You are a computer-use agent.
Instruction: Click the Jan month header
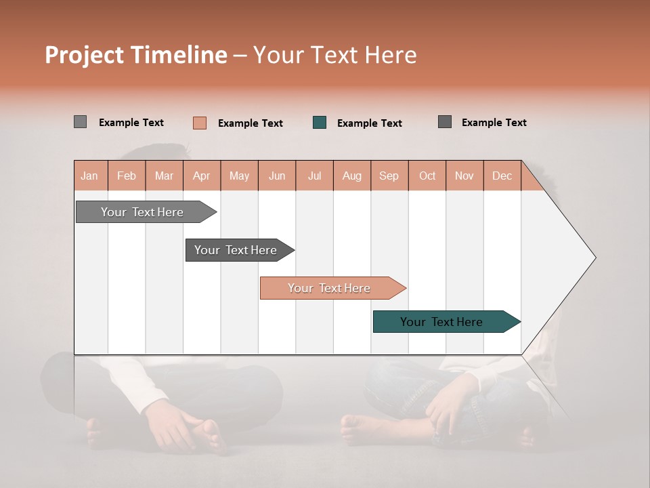point(89,176)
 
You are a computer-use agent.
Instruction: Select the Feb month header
point(127,176)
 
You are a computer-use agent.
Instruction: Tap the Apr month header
point(201,176)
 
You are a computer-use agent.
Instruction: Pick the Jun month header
point(277,176)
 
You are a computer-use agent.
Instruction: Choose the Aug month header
point(351,176)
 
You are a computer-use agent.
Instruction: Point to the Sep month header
point(389,176)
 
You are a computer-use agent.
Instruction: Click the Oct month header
point(427,176)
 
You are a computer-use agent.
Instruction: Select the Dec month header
point(502,176)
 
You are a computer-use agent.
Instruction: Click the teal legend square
point(320,123)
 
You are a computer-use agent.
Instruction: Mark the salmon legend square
point(200,123)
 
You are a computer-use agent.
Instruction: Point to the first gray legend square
point(81,122)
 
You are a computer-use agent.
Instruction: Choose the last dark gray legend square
point(445,122)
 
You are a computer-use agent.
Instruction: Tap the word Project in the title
point(85,55)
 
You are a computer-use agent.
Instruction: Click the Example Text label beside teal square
point(369,123)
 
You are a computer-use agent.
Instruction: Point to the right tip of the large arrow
point(594,258)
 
